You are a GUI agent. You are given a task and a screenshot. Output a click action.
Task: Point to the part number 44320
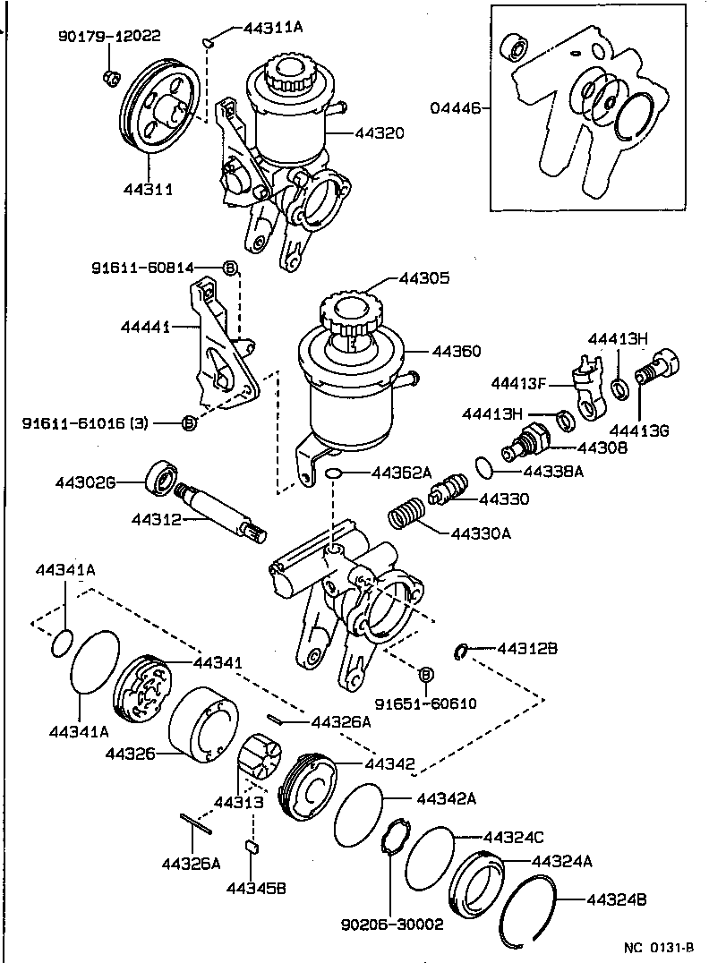click(x=380, y=132)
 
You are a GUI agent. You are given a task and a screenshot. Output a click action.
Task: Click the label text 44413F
click(x=518, y=382)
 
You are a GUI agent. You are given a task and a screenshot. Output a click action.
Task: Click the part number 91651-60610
click(x=425, y=703)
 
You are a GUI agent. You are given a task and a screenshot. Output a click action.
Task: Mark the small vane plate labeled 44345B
click(x=252, y=845)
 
